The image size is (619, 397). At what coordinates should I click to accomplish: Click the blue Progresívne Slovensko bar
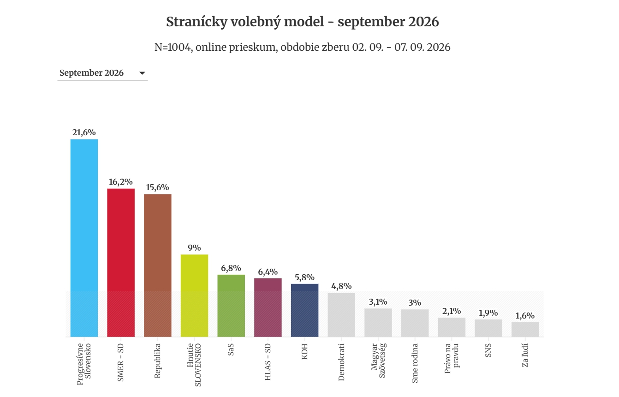click(84, 238)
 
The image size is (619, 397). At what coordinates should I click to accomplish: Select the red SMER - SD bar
click(121, 263)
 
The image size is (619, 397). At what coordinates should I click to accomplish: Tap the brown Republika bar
click(157, 265)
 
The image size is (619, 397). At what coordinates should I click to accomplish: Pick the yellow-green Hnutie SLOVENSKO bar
click(194, 296)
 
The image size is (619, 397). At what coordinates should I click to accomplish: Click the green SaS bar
click(231, 306)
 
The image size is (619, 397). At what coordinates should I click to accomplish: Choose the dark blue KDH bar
click(304, 310)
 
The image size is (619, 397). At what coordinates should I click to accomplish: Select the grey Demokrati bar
click(341, 315)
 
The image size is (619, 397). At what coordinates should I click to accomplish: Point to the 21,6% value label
click(84, 132)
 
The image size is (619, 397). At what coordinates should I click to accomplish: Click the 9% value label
click(194, 247)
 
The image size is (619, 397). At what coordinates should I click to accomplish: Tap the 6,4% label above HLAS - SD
click(268, 272)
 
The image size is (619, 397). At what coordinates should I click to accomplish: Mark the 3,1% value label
click(378, 302)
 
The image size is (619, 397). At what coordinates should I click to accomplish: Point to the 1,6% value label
click(525, 316)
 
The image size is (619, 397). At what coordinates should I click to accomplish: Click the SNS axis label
click(488, 350)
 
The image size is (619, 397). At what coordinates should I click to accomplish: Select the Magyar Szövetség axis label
click(378, 361)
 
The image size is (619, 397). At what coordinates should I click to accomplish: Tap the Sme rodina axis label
click(415, 363)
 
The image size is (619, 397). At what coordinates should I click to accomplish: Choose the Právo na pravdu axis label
click(452, 359)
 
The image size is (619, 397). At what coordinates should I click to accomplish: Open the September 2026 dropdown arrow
click(142, 73)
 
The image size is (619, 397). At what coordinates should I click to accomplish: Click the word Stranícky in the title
click(196, 22)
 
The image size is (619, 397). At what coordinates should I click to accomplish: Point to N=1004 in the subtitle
click(173, 47)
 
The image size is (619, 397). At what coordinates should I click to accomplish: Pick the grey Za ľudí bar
click(525, 330)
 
